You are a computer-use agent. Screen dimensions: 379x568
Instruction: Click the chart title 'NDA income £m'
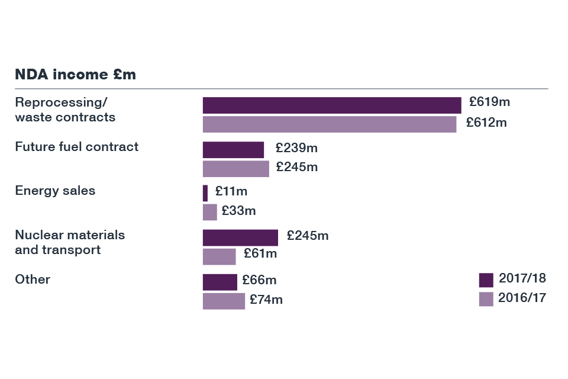(x=75, y=75)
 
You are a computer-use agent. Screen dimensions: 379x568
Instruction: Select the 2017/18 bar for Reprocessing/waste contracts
(x=331, y=105)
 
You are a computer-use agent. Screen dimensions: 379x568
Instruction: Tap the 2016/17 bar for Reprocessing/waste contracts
(x=329, y=124)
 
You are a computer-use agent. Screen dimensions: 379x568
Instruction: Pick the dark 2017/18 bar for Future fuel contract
(x=233, y=150)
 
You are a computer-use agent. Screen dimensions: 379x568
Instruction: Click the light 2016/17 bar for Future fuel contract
(x=235, y=169)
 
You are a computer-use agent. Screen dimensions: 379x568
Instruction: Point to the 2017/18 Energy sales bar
(x=205, y=193)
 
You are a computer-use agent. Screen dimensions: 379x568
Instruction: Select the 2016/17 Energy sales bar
(x=209, y=212)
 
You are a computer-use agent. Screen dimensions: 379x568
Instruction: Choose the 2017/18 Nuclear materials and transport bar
(x=240, y=237)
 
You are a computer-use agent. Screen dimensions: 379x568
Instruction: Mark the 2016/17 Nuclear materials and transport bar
(x=219, y=256)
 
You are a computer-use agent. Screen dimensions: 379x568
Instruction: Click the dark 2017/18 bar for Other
(x=220, y=282)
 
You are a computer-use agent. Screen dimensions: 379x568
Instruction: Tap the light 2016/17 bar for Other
(x=224, y=301)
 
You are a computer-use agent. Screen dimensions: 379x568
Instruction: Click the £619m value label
(x=489, y=102)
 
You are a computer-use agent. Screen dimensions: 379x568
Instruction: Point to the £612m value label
(x=486, y=123)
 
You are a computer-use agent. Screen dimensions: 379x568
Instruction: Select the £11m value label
(x=231, y=191)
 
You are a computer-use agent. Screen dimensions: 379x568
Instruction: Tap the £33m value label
(x=238, y=211)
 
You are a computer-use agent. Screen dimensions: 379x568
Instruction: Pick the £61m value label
(x=260, y=254)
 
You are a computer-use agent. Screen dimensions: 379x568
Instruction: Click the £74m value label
(x=266, y=300)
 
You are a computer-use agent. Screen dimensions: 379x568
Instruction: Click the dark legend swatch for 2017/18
(x=486, y=280)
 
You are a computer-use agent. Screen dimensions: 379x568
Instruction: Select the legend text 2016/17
(x=522, y=297)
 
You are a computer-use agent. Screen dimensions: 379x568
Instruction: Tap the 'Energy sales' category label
(x=55, y=191)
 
